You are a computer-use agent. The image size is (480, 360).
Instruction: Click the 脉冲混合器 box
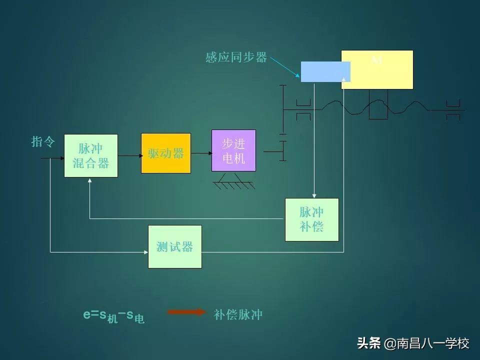coord(91,155)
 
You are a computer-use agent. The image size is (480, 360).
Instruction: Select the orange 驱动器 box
coord(166,153)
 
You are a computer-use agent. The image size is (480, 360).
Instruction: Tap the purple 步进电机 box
coord(233,150)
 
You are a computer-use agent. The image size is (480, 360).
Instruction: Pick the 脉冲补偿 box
coord(311,219)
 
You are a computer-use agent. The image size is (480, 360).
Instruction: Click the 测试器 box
coord(175,246)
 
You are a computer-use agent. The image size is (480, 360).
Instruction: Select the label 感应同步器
coord(236,57)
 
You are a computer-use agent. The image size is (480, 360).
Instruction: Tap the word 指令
coord(42,142)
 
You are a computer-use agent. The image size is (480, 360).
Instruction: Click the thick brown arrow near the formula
coord(186,312)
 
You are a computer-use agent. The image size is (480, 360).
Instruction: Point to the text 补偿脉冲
coord(238,314)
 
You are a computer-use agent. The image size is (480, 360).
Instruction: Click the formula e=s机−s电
coord(113,315)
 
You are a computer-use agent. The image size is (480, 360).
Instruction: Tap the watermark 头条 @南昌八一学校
coord(413,343)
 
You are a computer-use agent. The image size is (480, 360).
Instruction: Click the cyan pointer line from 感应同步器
coord(285,65)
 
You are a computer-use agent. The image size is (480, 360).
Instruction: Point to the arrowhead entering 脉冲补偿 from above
coord(314,195)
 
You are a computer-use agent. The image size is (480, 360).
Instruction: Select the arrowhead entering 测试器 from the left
coord(145,252)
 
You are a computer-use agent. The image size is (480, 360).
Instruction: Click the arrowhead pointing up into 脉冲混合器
coord(89,180)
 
